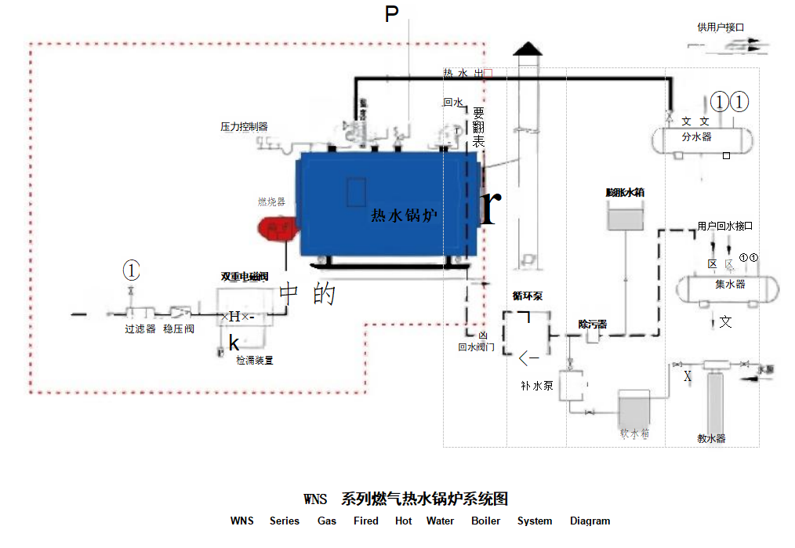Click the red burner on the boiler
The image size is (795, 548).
point(275,229)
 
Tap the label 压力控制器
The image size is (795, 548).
point(244,126)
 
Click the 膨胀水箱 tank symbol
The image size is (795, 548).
point(625,216)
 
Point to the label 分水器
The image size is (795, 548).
point(696,136)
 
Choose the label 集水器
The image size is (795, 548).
point(730,285)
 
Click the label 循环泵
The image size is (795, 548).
point(528,296)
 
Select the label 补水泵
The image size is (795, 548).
point(537,385)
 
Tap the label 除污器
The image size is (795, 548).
point(593,324)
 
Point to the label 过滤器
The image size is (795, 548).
point(140,329)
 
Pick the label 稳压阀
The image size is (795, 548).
point(179,329)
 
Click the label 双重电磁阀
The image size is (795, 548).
point(245,277)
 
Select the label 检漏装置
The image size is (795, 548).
point(255,361)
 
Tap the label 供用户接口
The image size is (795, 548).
point(721,27)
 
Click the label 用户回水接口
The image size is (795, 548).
point(725,226)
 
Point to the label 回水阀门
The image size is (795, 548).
point(476,347)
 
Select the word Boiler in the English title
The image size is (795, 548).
point(486,521)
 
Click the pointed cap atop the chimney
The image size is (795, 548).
point(528,49)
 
